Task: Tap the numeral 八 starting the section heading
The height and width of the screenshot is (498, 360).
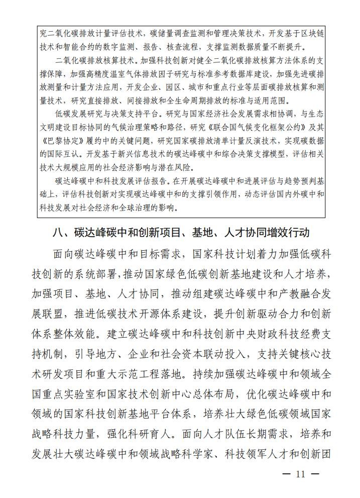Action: (x=58, y=233)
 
